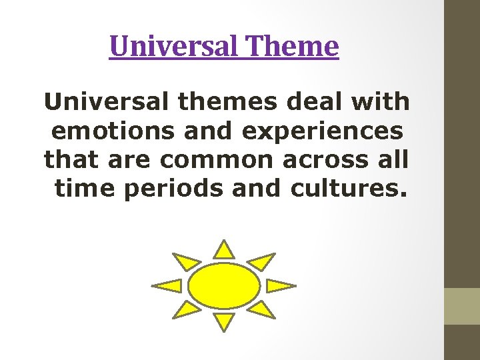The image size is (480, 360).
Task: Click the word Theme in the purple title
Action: tap(293, 47)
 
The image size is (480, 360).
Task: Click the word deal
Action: tap(313, 102)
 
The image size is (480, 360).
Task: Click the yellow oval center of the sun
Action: tap(224, 286)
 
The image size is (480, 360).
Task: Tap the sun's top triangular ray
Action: tap(225, 250)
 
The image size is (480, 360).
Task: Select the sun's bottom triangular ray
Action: tap(225, 321)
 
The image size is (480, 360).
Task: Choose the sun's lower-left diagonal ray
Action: tap(186, 309)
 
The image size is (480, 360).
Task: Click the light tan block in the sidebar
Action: tap(462, 306)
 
